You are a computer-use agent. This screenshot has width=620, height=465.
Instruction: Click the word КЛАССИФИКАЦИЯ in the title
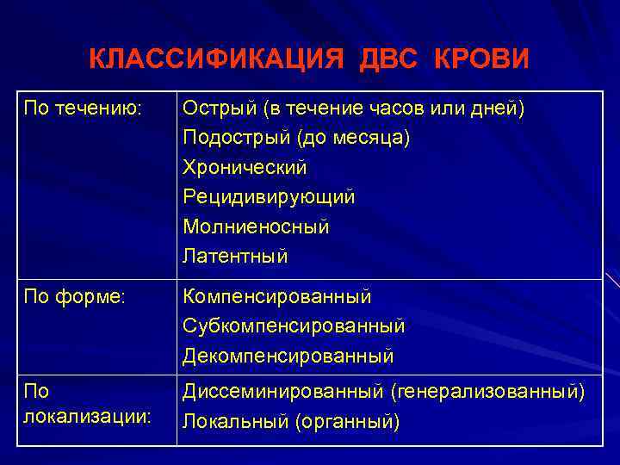[210, 59]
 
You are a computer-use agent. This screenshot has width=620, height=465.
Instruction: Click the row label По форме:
[75, 296]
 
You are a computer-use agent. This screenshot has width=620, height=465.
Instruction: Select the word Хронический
[245, 168]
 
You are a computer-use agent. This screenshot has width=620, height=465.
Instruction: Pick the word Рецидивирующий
[269, 197]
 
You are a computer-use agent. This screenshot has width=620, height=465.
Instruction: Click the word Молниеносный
[256, 226]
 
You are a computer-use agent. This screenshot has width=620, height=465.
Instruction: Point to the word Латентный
[235, 256]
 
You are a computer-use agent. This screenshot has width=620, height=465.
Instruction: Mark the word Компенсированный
[277, 296]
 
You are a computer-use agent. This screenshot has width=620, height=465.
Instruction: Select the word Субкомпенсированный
[294, 326]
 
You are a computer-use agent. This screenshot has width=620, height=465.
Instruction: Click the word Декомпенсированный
[288, 355]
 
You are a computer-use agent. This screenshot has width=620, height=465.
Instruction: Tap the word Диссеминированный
[282, 393]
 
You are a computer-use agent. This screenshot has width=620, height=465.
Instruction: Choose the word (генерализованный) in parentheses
[487, 393]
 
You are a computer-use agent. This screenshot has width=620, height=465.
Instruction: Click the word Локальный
[235, 422]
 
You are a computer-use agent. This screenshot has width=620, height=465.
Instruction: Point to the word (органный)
[347, 422]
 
